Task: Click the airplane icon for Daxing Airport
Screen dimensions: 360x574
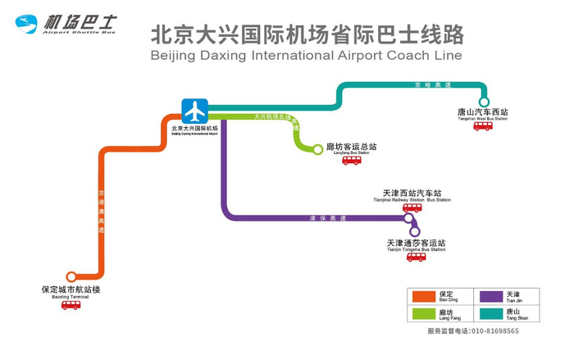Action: click(195, 110)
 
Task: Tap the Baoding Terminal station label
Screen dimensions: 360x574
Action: click(71, 291)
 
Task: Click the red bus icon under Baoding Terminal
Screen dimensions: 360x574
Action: click(71, 305)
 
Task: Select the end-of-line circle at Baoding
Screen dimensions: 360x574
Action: click(71, 276)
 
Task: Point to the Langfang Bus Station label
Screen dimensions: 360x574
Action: click(353, 148)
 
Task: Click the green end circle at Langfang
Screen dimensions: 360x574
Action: click(318, 149)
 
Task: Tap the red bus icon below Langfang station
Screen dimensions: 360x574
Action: click(352, 161)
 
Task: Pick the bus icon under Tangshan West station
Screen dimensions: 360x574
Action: click(483, 126)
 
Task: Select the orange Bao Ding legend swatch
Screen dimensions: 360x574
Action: click(422, 296)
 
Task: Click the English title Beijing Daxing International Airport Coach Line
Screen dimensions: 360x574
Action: click(307, 56)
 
